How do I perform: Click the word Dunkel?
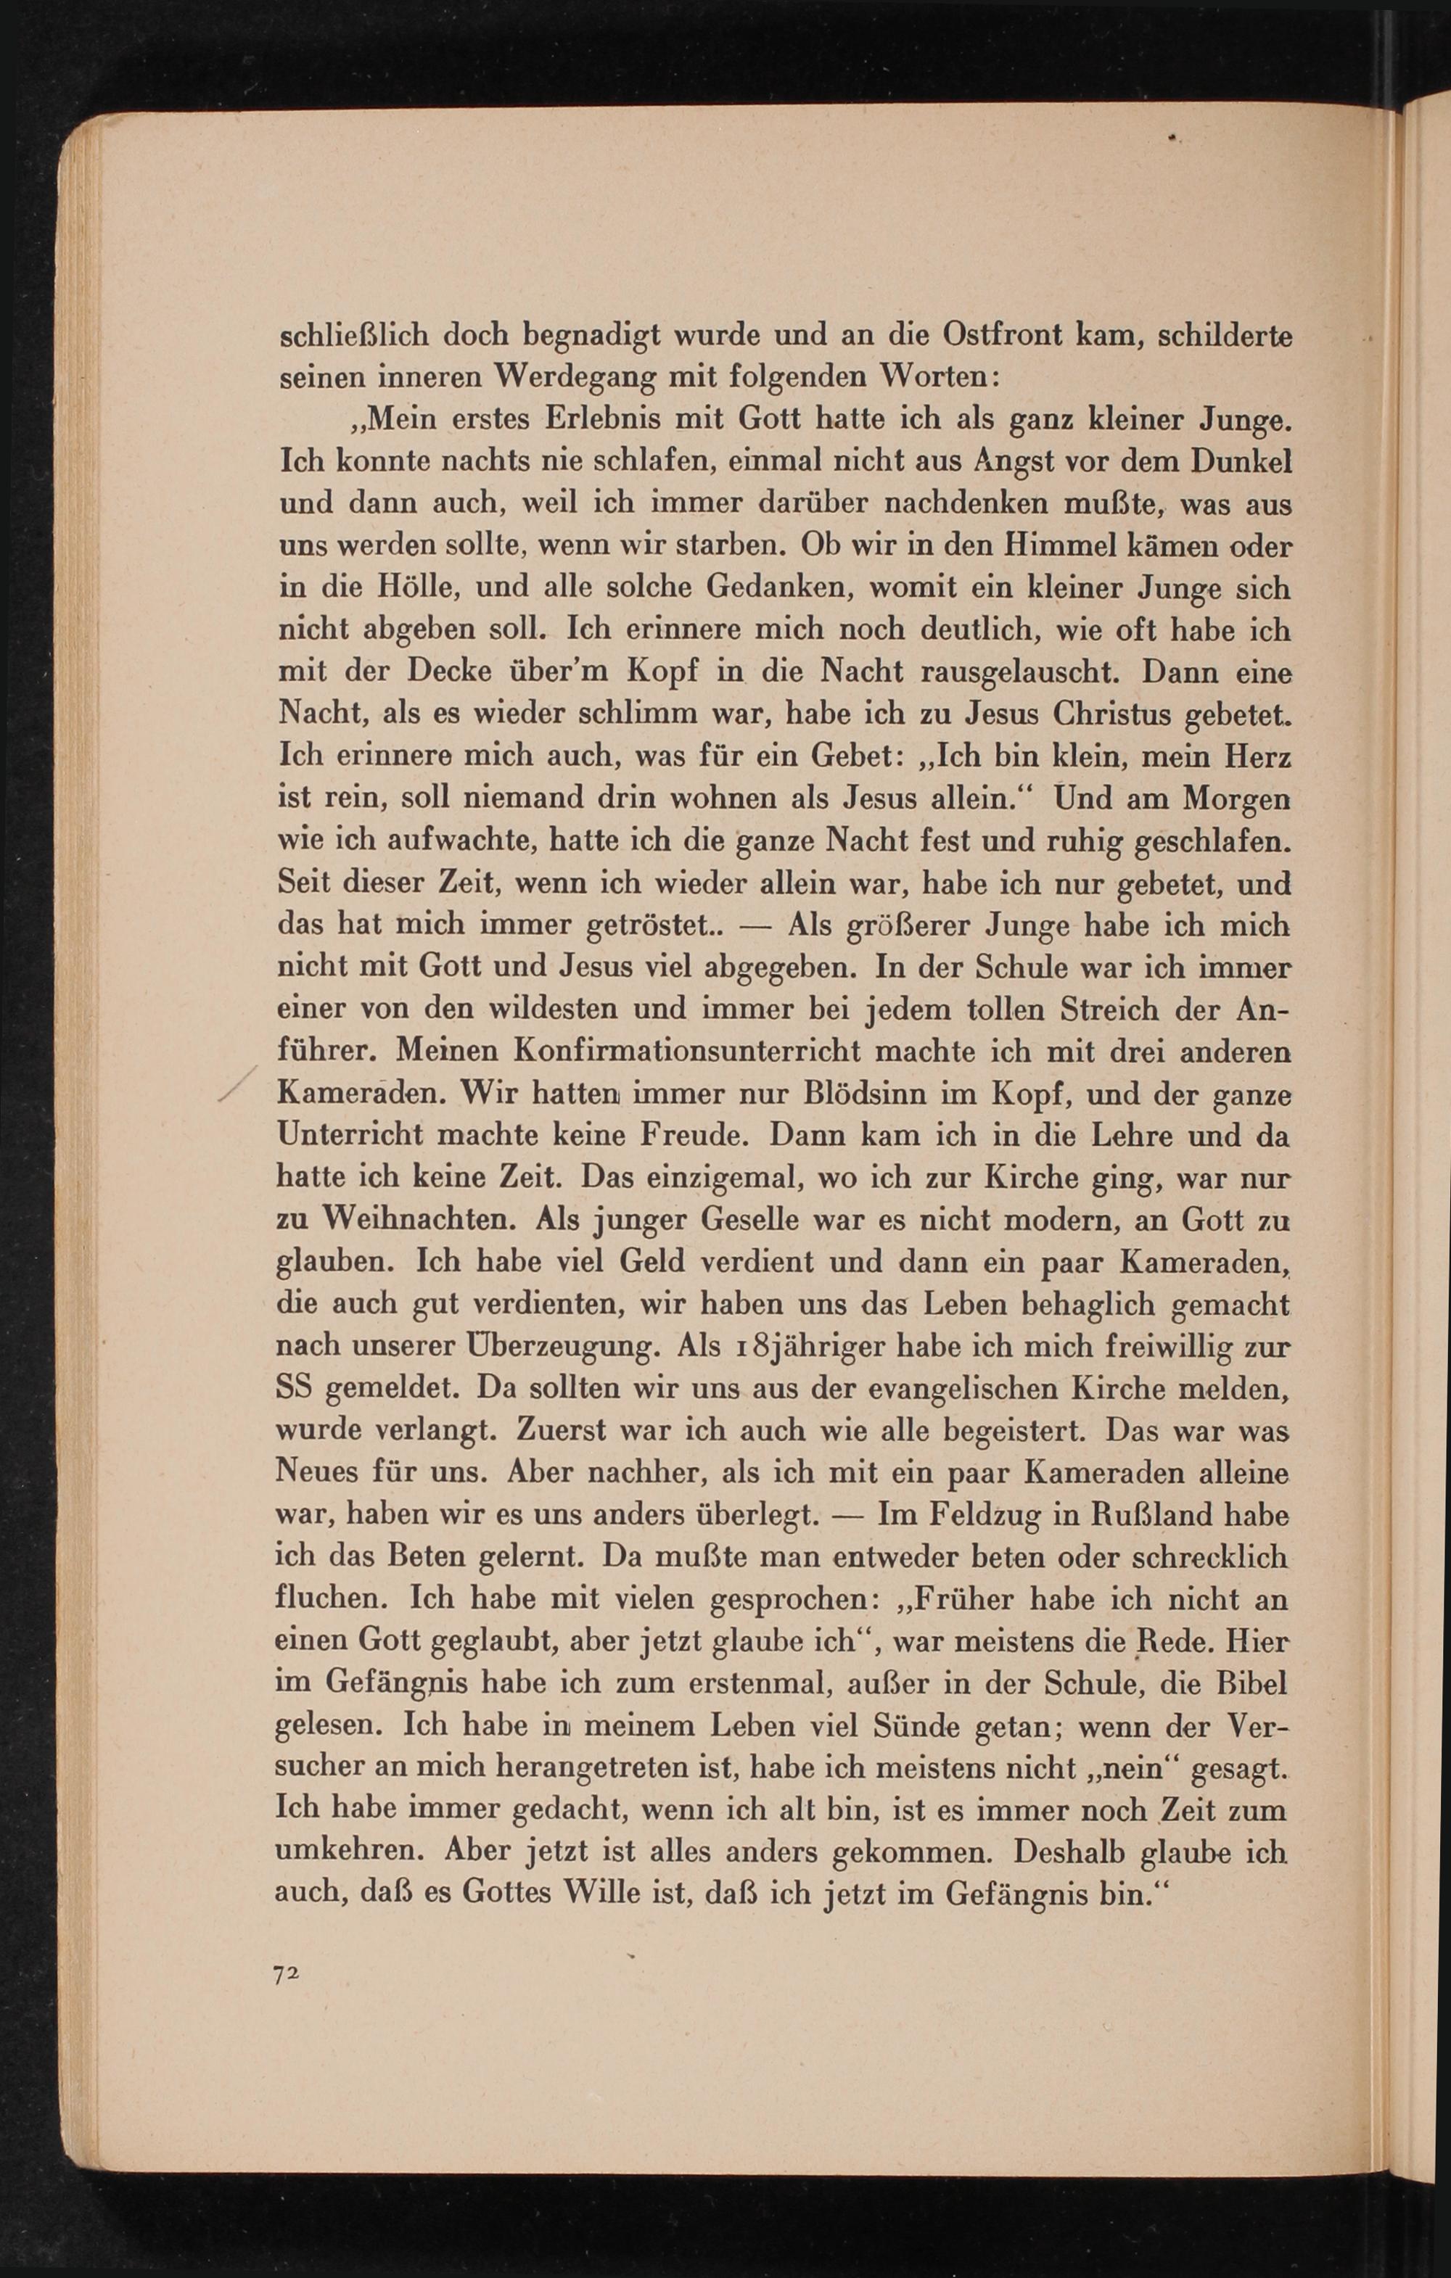pos(1241,462)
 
